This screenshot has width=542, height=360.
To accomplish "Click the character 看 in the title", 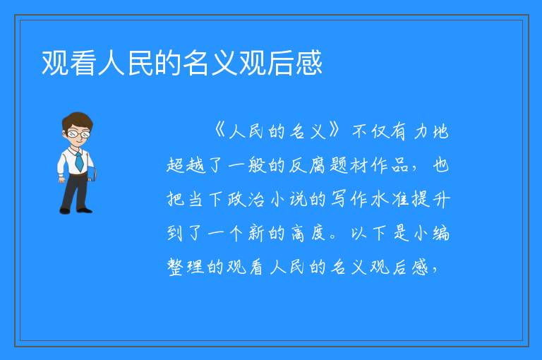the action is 84,63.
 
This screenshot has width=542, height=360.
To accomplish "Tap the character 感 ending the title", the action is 309,63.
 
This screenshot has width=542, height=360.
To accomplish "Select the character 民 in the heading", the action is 140,63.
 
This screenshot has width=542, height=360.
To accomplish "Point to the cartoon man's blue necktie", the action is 79,161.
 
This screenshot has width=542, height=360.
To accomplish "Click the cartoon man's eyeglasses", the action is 79,133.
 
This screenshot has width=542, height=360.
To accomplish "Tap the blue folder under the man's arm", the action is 91,174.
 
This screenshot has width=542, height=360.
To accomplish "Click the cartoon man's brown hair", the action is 78,120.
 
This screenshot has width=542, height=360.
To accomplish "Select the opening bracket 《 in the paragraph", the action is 220,131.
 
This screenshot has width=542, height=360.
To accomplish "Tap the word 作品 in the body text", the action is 390,165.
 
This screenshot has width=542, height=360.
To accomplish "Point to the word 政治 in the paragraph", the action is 246,200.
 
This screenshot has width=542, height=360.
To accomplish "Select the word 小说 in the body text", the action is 288,200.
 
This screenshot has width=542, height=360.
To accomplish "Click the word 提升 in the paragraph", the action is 431,200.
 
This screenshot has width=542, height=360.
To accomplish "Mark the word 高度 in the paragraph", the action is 307,234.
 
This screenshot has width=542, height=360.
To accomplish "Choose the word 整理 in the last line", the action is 186,268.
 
